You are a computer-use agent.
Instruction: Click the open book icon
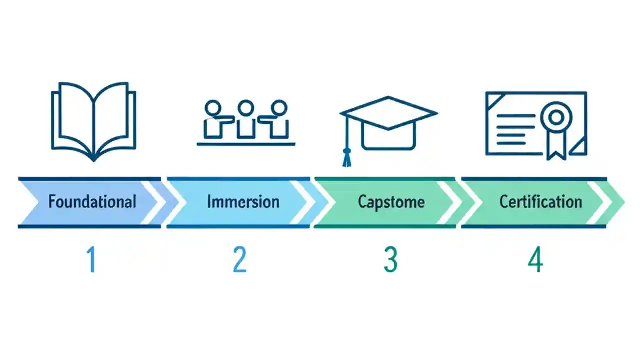pos(94,120)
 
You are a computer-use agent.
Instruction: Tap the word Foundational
pos(92,202)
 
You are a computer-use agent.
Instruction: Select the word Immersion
pos(243,202)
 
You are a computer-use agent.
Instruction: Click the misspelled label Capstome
pos(391,202)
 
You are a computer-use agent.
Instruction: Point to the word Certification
pos(541,202)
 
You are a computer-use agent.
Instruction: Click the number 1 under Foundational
pos(91,260)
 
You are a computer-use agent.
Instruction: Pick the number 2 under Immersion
pos(240,260)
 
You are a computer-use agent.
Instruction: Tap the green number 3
pos(391,260)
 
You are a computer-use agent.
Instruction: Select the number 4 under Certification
pos(535,260)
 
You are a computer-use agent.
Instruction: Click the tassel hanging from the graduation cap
pos(346,157)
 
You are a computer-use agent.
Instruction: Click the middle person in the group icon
pos(245,119)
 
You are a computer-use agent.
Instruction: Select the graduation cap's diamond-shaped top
pos(388,113)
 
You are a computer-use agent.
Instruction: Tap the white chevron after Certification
pos(602,202)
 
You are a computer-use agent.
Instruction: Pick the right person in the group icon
pos(277,119)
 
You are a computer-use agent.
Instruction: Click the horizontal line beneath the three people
pos(246,144)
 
